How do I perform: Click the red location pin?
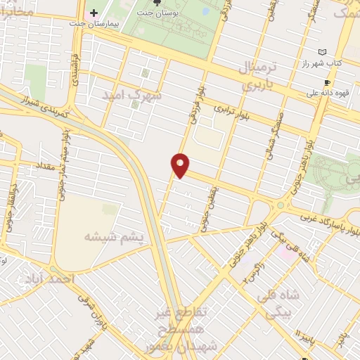[x=181, y=165]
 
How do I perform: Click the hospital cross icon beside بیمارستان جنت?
[x=94, y=13]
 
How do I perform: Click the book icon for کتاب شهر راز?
[x=322, y=53]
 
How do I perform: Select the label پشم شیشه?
[x=114, y=237]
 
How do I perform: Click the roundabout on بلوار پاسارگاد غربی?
[x=281, y=205]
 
